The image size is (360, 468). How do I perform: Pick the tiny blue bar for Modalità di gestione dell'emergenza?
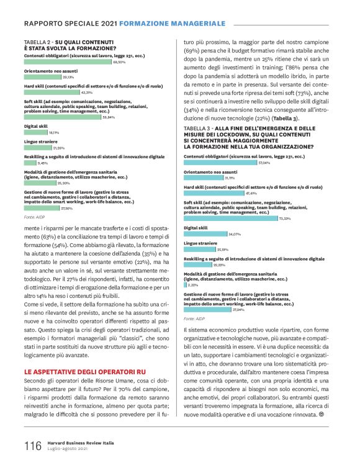coord(186,285)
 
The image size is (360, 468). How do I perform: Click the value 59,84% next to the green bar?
coord(109,117)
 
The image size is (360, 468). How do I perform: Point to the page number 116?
coord(33,446)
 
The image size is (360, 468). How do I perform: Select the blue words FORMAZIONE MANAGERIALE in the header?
coord(172,23)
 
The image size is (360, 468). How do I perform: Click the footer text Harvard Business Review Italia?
coord(83,443)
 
